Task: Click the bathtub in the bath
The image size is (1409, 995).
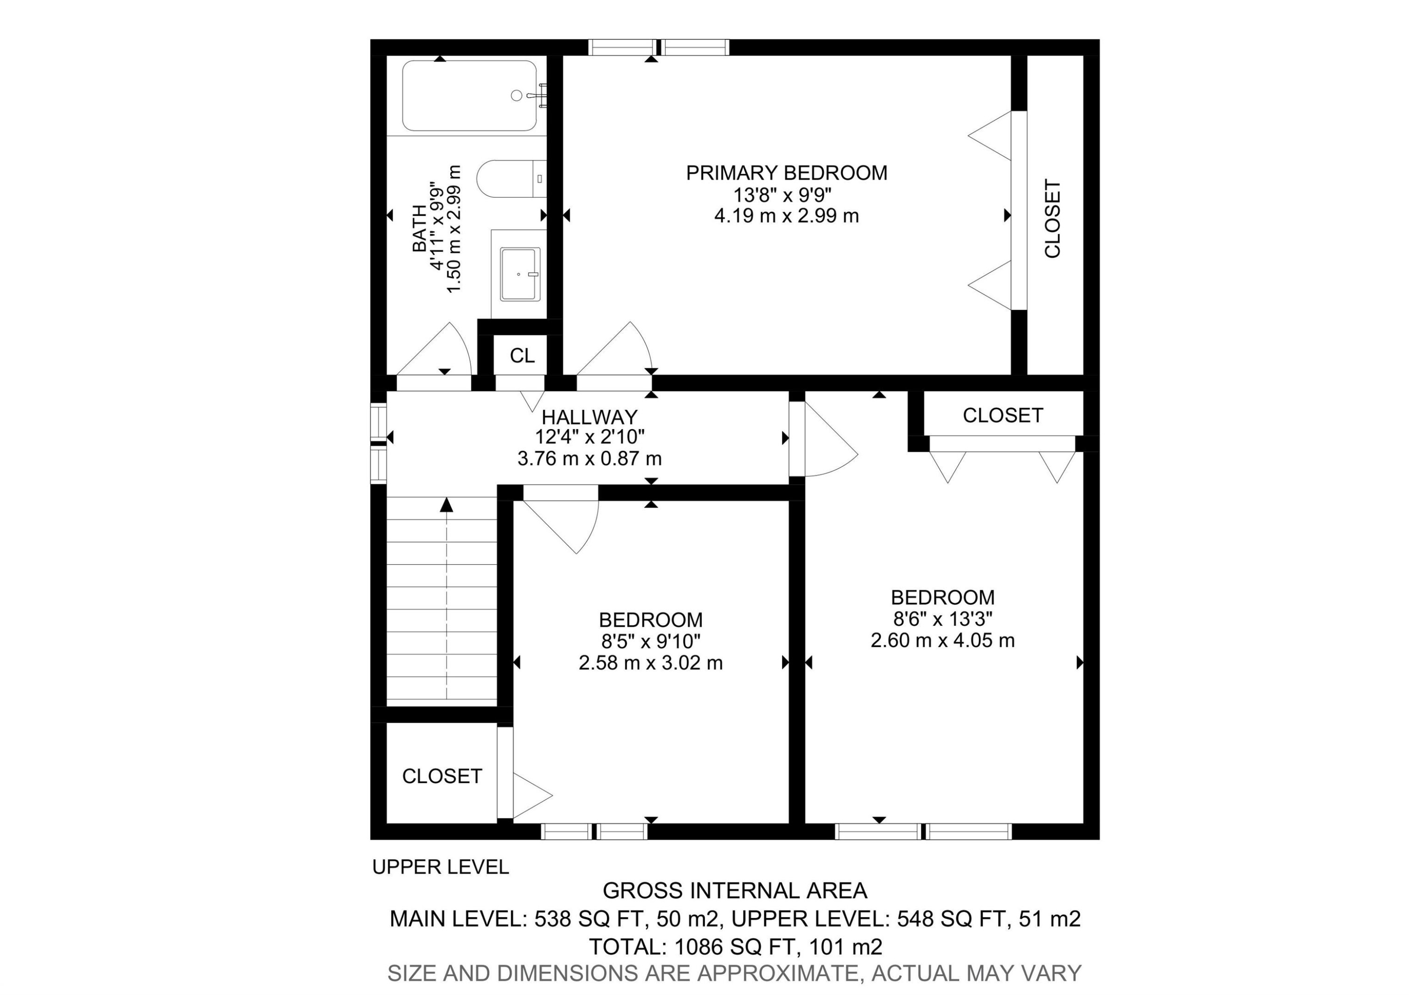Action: (x=470, y=96)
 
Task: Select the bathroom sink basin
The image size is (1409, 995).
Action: (x=520, y=275)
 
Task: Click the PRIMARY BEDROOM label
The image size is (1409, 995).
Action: (x=786, y=173)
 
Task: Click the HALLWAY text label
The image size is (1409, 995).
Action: (x=589, y=417)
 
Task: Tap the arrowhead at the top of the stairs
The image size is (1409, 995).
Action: (x=447, y=505)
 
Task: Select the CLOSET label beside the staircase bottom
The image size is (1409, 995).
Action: (x=442, y=776)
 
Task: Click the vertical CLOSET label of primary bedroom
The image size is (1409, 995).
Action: (x=1052, y=218)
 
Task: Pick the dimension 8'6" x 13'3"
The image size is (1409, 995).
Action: (x=943, y=618)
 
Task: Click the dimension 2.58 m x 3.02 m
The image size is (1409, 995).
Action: (x=650, y=663)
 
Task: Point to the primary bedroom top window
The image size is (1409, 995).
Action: (x=658, y=47)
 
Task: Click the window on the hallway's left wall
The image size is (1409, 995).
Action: (x=378, y=443)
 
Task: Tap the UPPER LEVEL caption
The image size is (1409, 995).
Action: (x=440, y=867)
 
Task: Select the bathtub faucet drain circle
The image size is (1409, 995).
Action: (x=517, y=95)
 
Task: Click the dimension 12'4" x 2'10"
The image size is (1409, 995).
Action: (x=589, y=437)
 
